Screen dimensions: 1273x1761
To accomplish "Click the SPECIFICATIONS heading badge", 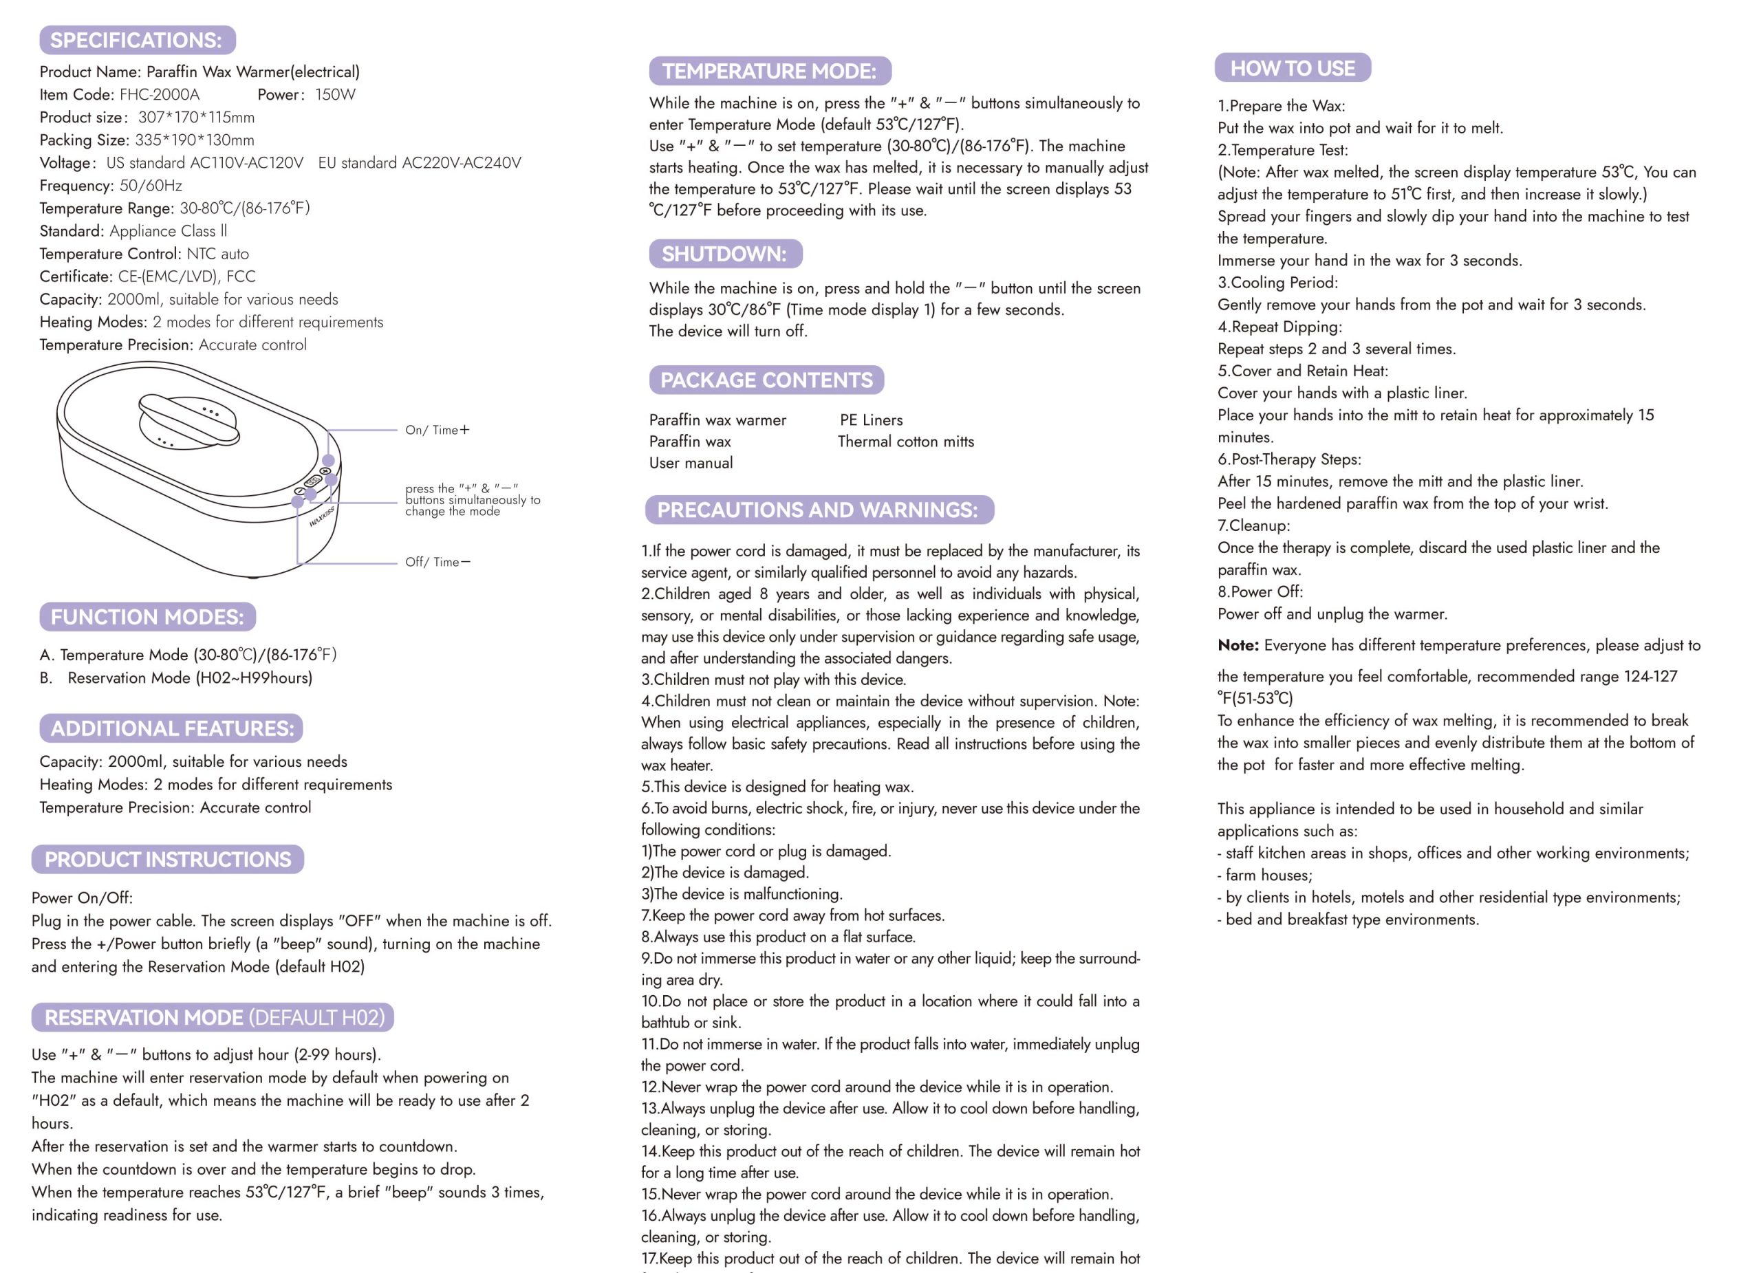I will click(x=137, y=40).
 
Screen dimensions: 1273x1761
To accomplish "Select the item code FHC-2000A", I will click(x=159, y=95).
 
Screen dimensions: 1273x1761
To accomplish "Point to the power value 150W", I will click(x=334, y=95).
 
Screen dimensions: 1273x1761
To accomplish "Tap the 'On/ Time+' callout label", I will click(x=437, y=430).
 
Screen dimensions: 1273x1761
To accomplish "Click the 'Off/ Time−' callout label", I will click(x=437, y=562).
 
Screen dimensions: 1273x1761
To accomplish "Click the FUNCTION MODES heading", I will click(x=147, y=617).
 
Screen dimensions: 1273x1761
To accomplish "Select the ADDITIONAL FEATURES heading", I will click(x=171, y=728).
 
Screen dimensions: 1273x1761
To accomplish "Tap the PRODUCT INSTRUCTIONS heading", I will click(x=168, y=859).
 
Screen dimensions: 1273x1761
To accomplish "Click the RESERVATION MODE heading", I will click(x=213, y=1018).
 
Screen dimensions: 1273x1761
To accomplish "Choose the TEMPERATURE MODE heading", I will click(x=770, y=72).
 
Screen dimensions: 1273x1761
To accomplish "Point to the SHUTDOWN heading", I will click(x=724, y=254).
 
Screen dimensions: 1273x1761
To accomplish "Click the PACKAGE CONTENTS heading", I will click(x=766, y=380).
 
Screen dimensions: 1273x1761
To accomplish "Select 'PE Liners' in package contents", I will click(x=871, y=420).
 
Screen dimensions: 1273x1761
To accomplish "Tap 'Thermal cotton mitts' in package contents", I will click(x=905, y=442).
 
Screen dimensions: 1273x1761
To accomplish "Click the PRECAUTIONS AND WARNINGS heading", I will click(x=818, y=510).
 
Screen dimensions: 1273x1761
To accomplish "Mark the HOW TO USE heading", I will click(x=1292, y=68).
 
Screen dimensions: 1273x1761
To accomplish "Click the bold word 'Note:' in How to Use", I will click(x=1238, y=645).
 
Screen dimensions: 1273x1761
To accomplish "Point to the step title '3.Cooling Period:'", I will click(x=1277, y=283).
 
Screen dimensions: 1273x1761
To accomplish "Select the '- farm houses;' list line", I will click(x=1264, y=875).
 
